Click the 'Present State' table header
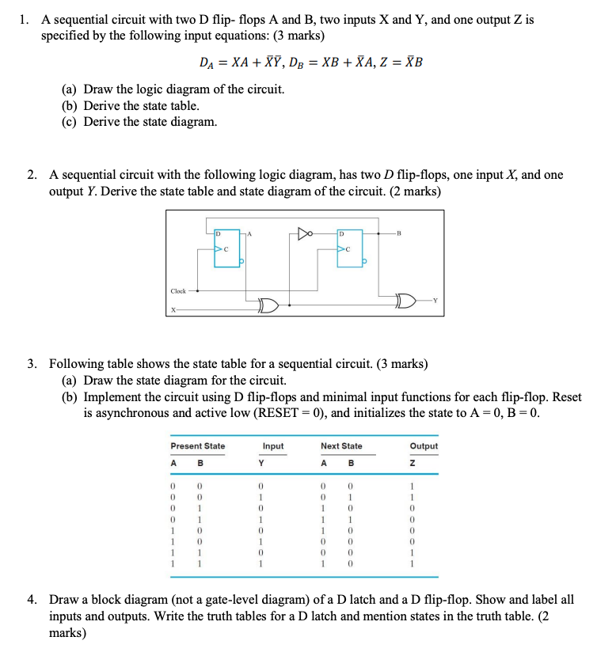[x=198, y=446]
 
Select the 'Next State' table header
[x=341, y=446]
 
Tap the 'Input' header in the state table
[x=273, y=446]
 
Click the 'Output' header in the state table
[x=424, y=446]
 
